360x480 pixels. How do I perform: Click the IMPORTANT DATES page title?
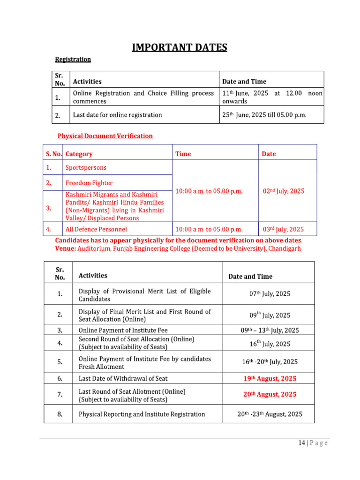(180, 47)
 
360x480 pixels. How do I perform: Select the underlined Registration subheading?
(73, 60)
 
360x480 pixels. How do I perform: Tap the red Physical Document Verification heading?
(105, 136)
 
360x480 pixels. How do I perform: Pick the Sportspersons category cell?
(86, 167)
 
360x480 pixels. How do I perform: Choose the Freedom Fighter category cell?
(89, 183)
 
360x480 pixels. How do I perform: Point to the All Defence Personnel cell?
(96, 229)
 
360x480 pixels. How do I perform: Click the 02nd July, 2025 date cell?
(283, 191)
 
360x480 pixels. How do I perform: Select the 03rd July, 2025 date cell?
(283, 229)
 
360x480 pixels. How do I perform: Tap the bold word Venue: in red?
(66, 248)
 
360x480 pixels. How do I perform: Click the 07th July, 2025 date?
(270, 294)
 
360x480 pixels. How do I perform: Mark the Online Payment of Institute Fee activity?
(123, 330)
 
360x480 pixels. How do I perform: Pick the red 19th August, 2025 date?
(270, 378)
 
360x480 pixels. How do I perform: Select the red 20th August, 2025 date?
(270, 394)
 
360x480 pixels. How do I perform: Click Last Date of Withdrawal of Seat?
(123, 378)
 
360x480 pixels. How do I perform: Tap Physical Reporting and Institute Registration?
(142, 414)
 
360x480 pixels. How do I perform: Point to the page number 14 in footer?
(301, 443)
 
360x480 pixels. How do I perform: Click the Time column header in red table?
(183, 154)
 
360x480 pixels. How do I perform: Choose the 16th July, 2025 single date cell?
(270, 344)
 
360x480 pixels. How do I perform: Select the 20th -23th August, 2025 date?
(270, 414)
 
